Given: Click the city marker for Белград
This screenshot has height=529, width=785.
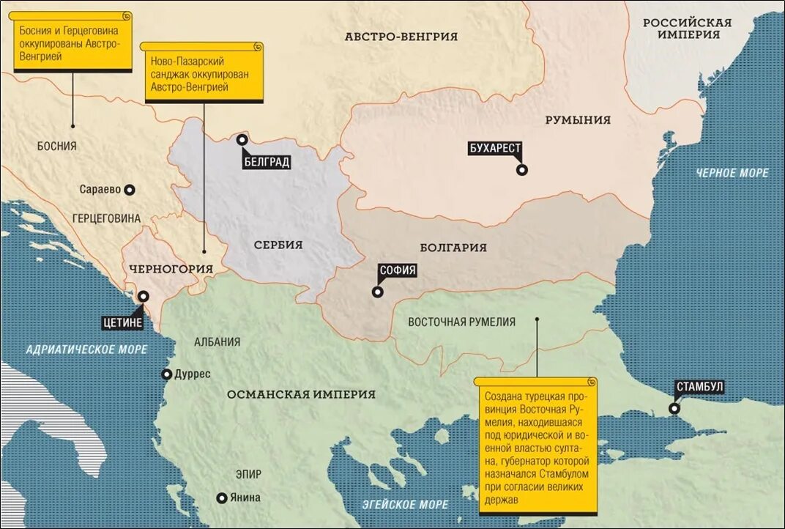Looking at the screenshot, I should (x=242, y=140).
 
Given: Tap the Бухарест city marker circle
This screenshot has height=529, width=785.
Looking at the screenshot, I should (x=521, y=170).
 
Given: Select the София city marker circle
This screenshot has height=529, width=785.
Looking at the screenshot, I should (x=377, y=292).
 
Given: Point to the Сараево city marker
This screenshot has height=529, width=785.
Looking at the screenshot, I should (x=130, y=189).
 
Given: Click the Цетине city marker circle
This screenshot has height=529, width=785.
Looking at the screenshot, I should (x=144, y=297).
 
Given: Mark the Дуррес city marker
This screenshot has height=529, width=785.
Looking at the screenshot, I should (x=166, y=374).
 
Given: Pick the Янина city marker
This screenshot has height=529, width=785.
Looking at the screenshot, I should (x=221, y=498).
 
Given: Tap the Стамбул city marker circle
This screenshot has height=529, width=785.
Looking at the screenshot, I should (x=674, y=409).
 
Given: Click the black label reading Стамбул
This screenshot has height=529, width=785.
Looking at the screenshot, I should (x=700, y=387).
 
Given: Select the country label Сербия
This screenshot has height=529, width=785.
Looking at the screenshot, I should (x=278, y=245).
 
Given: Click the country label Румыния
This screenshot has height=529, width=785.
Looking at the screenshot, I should (x=578, y=120).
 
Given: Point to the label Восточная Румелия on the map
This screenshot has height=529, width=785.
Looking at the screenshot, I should (x=461, y=322).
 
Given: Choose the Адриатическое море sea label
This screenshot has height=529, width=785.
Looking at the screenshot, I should (x=86, y=349).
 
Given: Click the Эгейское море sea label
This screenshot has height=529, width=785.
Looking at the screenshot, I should (x=405, y=505).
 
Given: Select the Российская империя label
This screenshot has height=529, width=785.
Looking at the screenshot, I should (x=687, y=29).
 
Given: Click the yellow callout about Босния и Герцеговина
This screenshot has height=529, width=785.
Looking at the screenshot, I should (x=72, y=43).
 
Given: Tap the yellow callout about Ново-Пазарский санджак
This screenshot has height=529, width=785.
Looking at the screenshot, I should (x=201, y=73).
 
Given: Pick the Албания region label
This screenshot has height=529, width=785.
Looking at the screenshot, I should (x=217, y=341).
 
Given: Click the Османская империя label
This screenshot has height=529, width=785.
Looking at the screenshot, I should (x=301, y=394).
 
